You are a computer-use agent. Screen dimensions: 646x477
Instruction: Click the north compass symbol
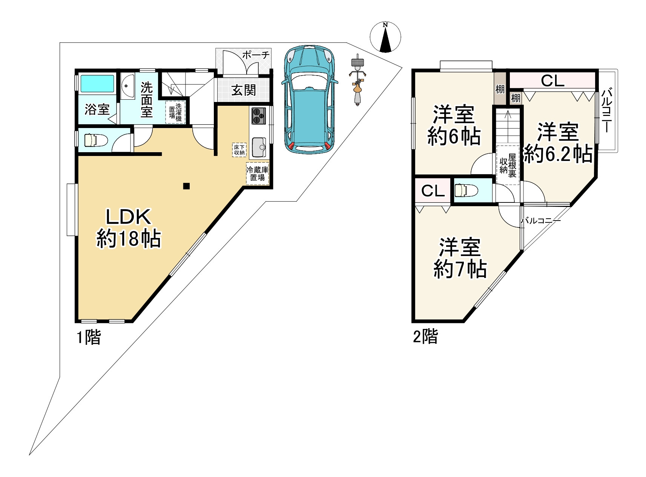click(x=385, y=37)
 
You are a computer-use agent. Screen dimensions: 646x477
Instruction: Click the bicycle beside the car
click(x=358, y=80)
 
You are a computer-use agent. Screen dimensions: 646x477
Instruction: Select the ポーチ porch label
click(x=256, y=54)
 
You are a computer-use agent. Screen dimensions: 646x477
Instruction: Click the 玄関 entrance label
click(x=243, y=90)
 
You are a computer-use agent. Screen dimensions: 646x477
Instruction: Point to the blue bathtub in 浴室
click(x=97, y=84)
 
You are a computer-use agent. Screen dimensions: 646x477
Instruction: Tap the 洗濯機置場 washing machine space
click(x=175, y=112)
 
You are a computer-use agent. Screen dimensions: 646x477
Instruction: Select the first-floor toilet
click(x=95, y=140)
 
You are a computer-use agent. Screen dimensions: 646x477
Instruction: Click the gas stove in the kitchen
click(x=259, y=116)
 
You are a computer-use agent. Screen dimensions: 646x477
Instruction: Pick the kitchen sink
click(x=259, y=147)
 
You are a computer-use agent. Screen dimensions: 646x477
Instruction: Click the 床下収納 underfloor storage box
click(x=239, y=150)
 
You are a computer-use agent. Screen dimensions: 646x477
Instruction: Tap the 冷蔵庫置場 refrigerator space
click(x=258, y=173)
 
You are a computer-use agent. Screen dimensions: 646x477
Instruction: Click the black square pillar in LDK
click(x=186, y=186)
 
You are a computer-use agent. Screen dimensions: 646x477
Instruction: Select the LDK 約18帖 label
click(x=128, y=228)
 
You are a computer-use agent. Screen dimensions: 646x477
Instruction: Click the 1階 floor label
click(x=89, y=337)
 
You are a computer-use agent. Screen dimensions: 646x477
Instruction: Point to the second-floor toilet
click(x=466, y=190)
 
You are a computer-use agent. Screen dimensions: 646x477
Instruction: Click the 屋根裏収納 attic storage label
click(x=508, y=165)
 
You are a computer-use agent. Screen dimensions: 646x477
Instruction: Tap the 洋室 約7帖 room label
click(x=460, y=258)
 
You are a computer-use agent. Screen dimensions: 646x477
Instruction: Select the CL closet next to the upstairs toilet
click(x=433, y=191)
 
